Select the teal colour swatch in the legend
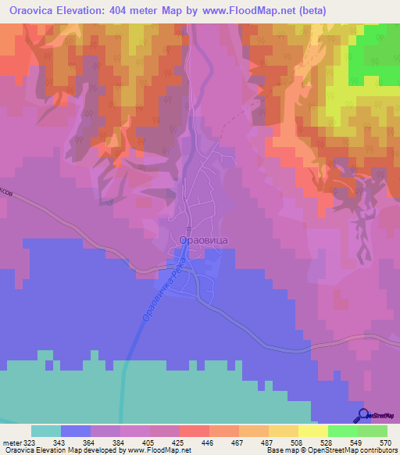point(46,431)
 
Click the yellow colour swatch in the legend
point(312,431)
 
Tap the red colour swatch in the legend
point(194,431)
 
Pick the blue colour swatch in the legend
point(76,431)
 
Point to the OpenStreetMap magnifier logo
point(363,415)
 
